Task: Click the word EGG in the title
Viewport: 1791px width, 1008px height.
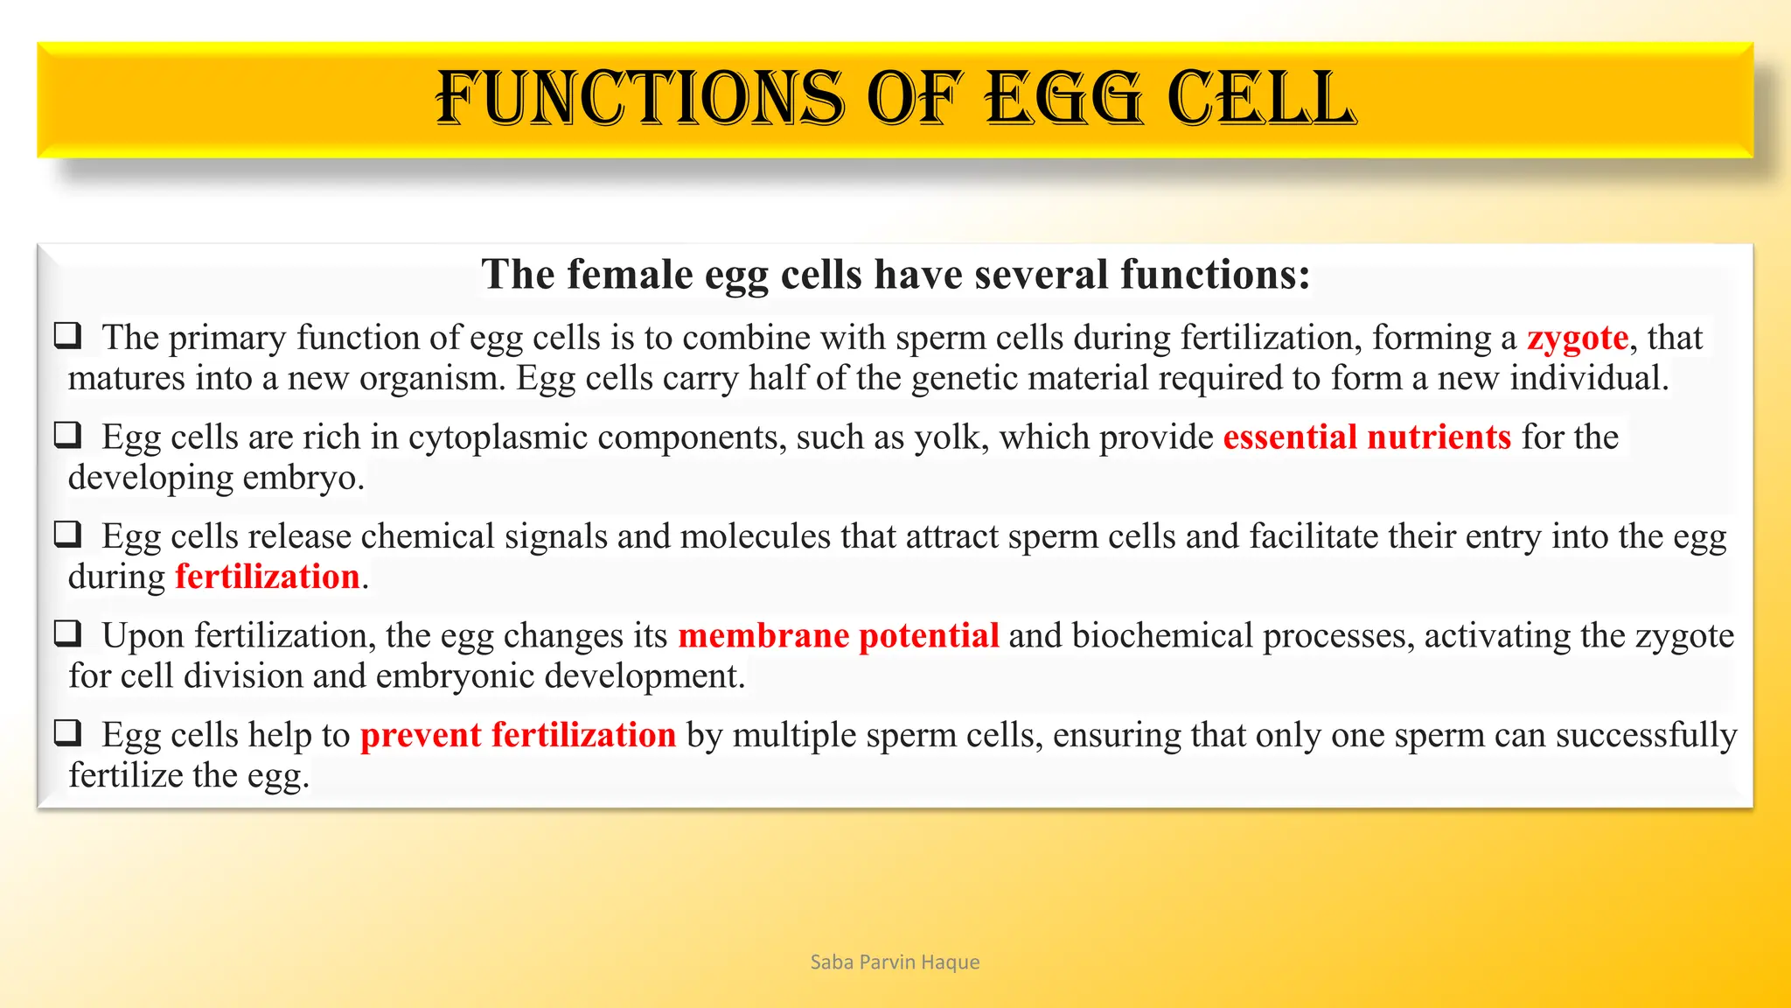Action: [1063, 98]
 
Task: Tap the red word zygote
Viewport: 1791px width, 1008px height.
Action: [1578, 338]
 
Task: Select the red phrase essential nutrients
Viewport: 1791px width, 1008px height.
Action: [1367, 437]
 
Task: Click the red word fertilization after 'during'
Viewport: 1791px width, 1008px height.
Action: [268, 577]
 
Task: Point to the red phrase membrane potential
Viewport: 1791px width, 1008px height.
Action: [838, 635]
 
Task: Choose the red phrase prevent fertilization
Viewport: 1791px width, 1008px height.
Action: [518, 735]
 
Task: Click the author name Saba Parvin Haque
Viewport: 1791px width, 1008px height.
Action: [895, 962]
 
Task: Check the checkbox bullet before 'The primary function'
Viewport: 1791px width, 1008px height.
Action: [68, 335]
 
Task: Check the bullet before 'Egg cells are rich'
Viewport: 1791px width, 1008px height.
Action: [68, 435]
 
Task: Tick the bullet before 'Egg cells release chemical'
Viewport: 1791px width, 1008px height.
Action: [68, 534]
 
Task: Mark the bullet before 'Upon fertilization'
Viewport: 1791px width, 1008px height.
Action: [68, 633]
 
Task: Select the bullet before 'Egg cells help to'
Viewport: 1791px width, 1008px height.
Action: [68, 732]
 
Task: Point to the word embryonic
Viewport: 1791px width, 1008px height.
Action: [455, 676]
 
